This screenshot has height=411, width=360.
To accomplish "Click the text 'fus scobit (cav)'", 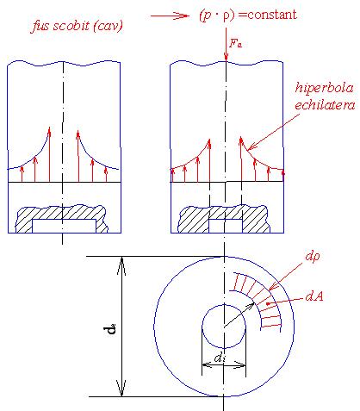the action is (x=77, y=26).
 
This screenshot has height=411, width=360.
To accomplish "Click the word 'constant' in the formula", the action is (x=272, y=15).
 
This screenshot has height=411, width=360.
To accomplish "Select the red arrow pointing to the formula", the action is (x=170, y=16).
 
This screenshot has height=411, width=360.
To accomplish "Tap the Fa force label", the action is (x=235, y=43).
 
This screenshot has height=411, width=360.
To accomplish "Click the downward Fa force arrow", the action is (x=227, y=45).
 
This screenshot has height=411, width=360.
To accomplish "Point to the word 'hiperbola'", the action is (x=324, y=88).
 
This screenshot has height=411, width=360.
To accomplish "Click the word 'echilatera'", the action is (x=325, y=105).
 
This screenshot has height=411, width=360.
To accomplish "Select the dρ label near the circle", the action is (x=313, y=256).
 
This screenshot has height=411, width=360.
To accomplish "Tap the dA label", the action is (x=314, y=296).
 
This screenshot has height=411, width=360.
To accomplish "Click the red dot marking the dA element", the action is (x=268, y=303).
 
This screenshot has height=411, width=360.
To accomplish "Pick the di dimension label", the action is (x=220, y=358).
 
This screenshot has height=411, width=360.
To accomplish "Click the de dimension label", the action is (x=110, y=328).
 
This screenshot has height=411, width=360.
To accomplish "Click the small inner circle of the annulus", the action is (x=202, y=327).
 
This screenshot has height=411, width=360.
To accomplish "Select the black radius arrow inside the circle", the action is (x=239, y=314).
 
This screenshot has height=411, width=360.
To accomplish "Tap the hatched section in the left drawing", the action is (x=61, y=213).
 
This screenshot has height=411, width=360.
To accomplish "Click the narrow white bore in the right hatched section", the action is (x=226, y=226).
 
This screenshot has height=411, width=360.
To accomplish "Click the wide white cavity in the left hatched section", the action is (x=64, y=226).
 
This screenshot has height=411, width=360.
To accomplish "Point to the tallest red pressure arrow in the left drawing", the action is (x=49, y=154).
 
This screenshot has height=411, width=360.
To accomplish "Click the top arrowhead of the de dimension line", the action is (x=121, y=265).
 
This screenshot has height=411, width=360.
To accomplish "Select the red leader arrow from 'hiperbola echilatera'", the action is (x=273, y=132).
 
